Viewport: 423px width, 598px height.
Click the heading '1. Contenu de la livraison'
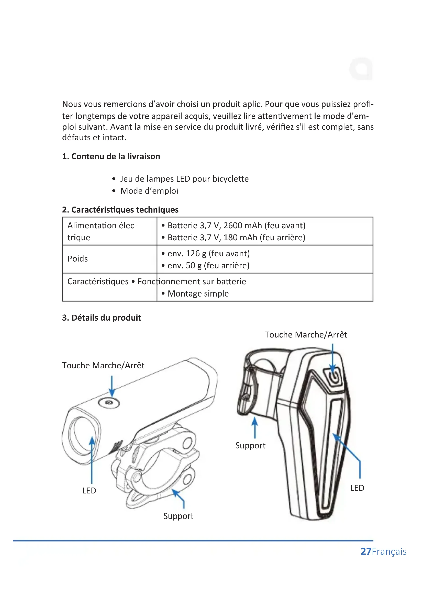[x=111, y=156]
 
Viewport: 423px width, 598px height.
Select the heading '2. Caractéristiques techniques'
[x=120, y=210]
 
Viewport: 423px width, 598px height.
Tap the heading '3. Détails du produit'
[x=101, y=318]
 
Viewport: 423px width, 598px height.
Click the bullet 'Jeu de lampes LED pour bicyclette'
[x=184, y=179]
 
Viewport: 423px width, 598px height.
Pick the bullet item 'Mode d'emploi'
[x=149, y=191]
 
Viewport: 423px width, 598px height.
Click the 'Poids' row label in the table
[x=78, y=259]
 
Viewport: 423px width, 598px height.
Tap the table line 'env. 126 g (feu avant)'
[x=208, y=253]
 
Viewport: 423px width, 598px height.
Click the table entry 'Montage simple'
[x=198, y=294]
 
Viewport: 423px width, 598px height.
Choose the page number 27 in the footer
[x=366, y=551]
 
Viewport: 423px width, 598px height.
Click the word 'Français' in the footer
[x=389, y=552]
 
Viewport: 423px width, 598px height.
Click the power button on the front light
[x=109, y=403]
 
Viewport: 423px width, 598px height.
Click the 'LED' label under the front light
[x=89, y=491]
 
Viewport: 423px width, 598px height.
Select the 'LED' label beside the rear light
[x=357, y=488]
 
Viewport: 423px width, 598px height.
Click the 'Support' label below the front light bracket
[x=178, y=516]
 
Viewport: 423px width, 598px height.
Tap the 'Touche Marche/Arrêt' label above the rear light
[x=306, y=335]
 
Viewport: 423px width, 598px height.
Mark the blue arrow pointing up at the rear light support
[x=255, y=427]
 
